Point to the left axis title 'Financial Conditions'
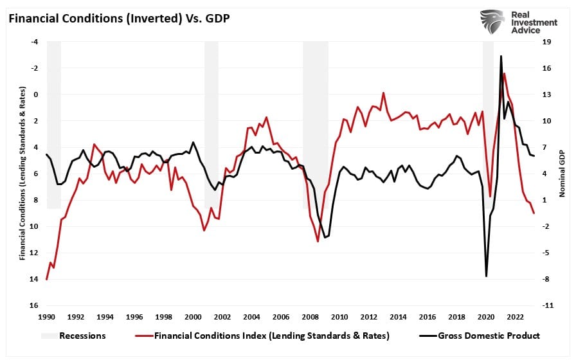click(x=22, y=174)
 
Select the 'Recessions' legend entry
click(x=82, y=335)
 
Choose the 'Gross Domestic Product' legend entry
click(x=489, y=335)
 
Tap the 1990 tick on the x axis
click(x=46, y=317)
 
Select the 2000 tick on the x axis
click(x=193, y=317)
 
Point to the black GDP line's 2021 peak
click(x=501, y=56)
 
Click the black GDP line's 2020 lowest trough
click(x=486, y=276)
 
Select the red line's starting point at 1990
click(x=47, y=280)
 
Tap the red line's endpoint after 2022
click(x=534, y=213)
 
